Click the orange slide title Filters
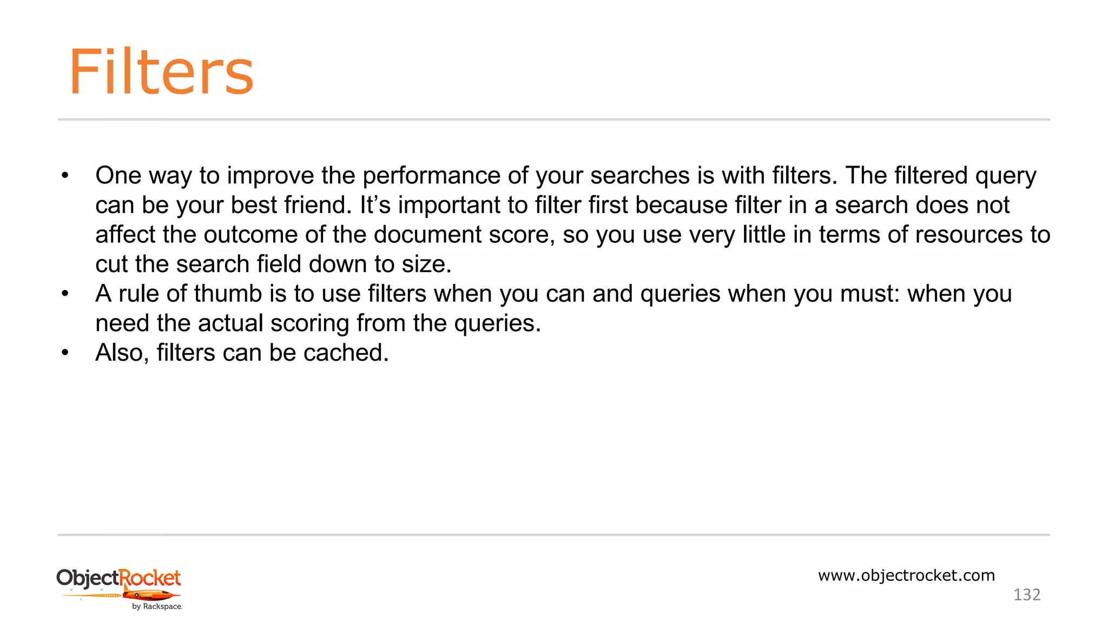pos(161,72)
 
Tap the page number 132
pos(1026,595)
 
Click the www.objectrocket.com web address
pos(906,575)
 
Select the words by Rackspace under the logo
pos(157,607)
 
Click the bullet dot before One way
pos(65,176)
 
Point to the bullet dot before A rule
pos(65,294)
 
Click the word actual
pos(230,323)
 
